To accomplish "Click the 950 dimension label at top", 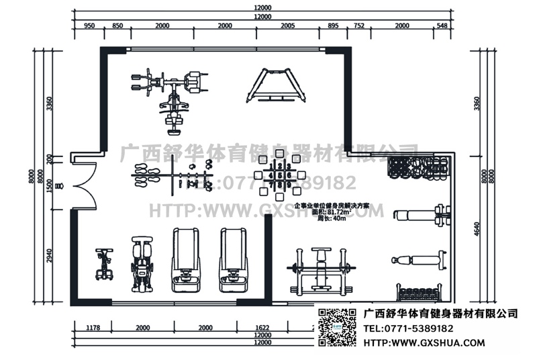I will point(88,26).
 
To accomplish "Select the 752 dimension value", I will point(358,26).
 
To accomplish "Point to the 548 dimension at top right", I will point(441,26).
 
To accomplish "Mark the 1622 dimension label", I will point(263,328).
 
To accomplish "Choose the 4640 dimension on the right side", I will point(477,228).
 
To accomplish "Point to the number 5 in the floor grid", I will point(279,175).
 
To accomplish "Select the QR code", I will point(336,327).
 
